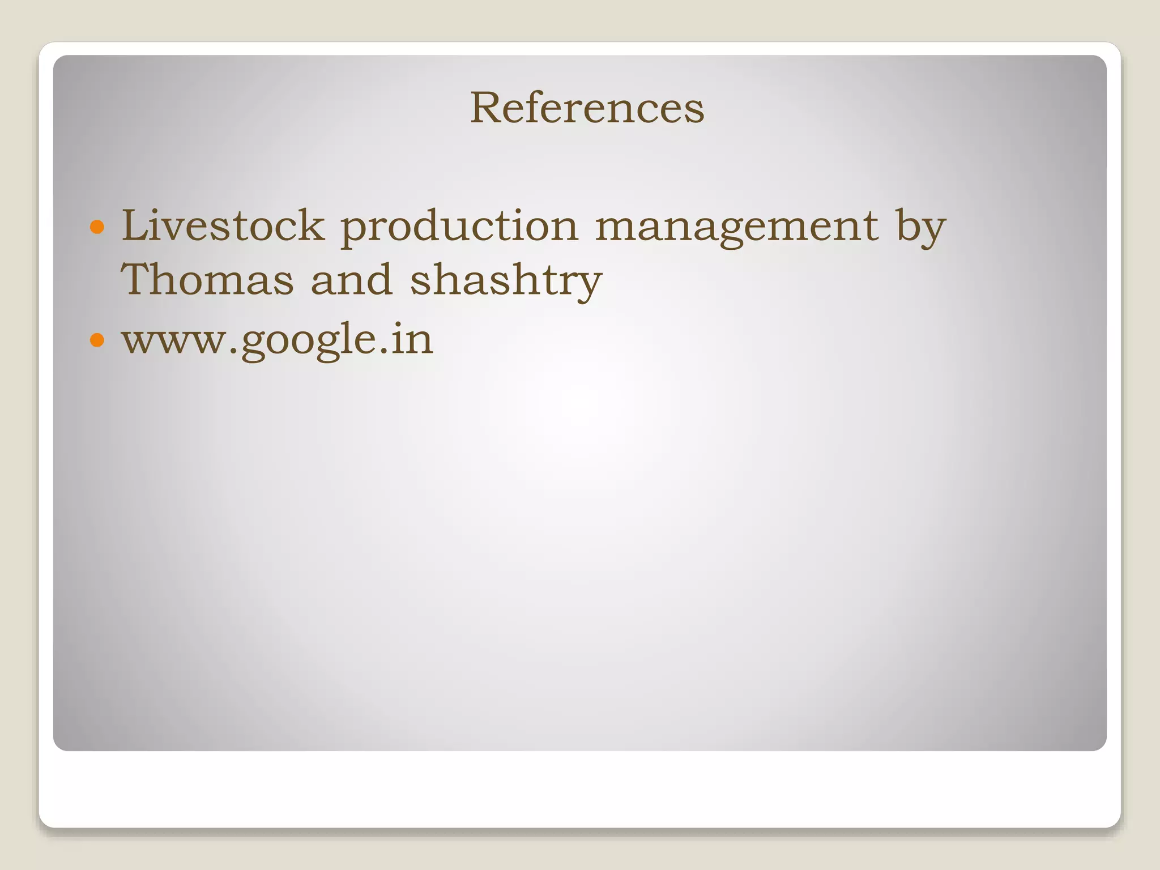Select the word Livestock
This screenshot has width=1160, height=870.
[223, 225]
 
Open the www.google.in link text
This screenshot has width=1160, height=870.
[278, 340]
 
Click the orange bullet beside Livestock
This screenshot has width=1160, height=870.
[97, 227]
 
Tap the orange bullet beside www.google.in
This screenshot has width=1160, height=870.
[97, 340]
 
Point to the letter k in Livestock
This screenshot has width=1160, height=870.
[311, 225]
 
